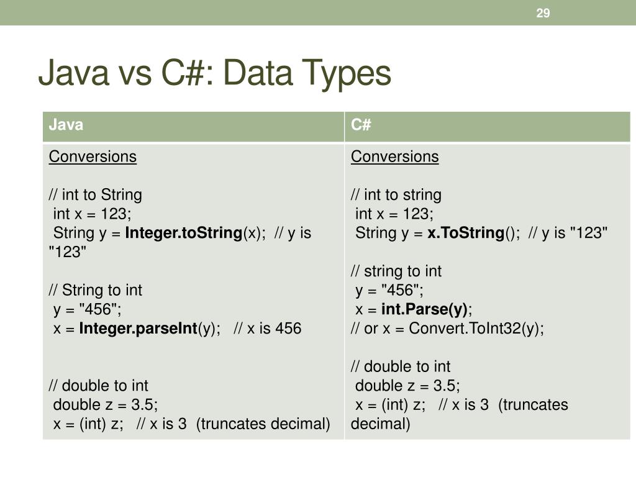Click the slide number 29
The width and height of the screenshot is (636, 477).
click(x=543, y=13)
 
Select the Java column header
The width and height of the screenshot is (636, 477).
click(x=66, y=125)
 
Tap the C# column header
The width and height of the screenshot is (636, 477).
click(x=361, y=125)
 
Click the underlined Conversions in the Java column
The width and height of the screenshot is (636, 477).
click(x=93, y=157)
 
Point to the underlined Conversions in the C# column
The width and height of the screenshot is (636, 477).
click(x=394, y=157)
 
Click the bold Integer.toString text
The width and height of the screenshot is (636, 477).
click(x=183, y=233)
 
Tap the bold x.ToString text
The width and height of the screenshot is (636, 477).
click(x=466, y=233)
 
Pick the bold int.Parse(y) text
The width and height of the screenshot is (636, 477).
click(x=425, y=309)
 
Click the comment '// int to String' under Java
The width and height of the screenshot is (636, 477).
click(x=96, y=195)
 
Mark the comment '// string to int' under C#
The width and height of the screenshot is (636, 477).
click(x=396, y=271)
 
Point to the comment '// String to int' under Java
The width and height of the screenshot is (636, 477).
click(x=96, y=290)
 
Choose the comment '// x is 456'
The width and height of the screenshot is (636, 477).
click(x=268, y=329)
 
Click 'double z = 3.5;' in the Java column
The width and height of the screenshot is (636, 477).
click(x=106, y=405)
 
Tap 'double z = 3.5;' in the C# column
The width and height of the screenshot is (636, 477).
click(x=407, y=386)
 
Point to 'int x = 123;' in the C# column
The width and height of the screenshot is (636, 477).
click(x=394, y=214)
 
